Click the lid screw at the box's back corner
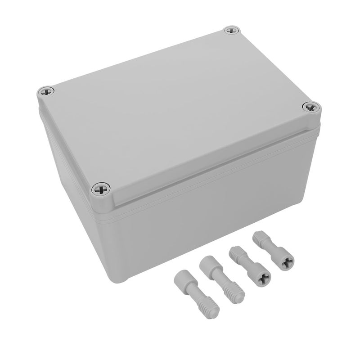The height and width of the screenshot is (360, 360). pyautogui.click(x=231, y=31)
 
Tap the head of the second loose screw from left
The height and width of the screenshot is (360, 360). pyautogui.click(x=207, y=263)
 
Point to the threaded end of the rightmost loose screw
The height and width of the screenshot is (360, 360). pyautogui.click(x=260, y=237)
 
